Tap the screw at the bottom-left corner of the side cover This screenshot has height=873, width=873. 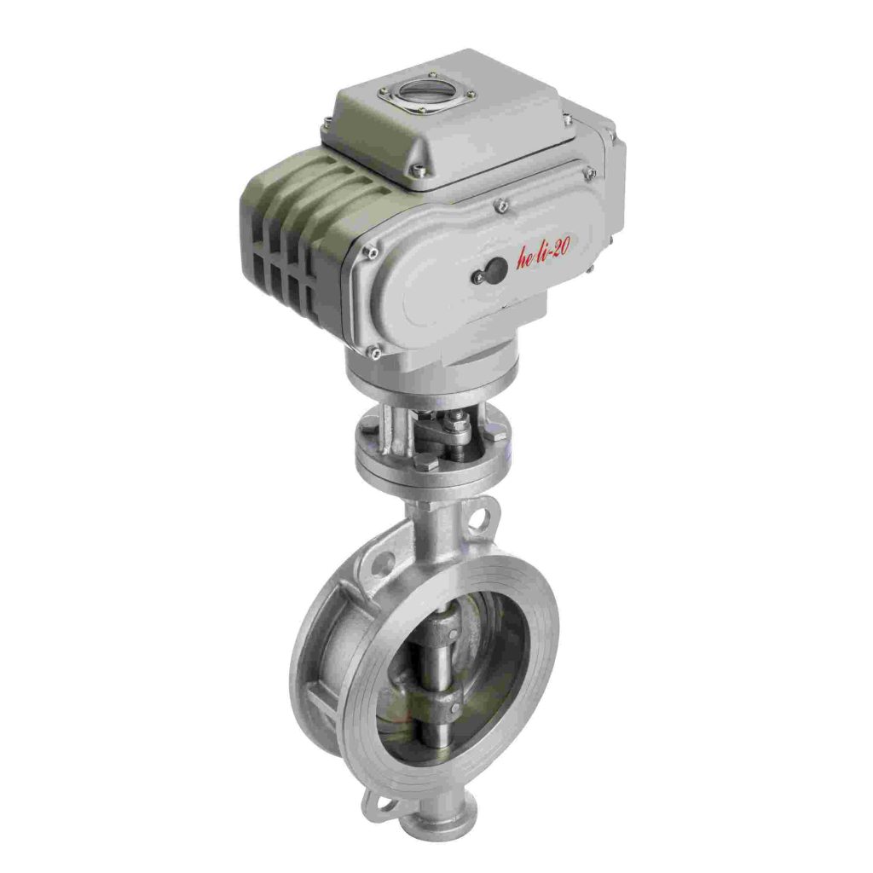(373, 350)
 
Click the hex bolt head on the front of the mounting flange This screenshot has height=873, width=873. (429, 464)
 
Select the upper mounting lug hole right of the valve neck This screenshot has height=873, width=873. (483, 516)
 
